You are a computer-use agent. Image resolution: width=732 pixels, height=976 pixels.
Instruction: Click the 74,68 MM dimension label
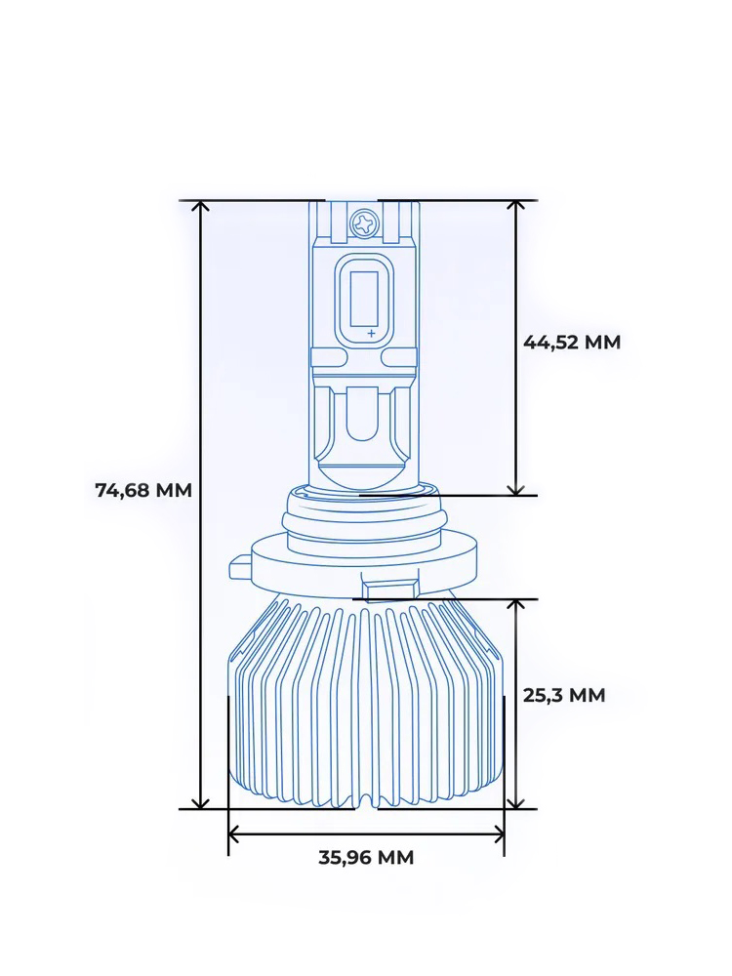pos(143,490)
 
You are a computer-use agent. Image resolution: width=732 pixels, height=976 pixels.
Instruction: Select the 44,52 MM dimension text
pos(572,342)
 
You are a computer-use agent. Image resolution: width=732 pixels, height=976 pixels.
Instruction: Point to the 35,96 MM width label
pos(366,857)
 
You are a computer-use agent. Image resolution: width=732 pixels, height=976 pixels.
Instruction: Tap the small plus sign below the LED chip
pos(371,334)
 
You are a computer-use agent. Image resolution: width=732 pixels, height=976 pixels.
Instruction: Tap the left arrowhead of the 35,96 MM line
pos(235,834)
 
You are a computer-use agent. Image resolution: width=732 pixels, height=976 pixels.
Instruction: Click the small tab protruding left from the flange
pos(239,568)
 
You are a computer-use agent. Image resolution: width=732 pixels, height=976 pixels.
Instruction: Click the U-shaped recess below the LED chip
pos(366,429)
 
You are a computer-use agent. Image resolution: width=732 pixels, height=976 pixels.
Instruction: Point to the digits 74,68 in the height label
pos(123,490)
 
